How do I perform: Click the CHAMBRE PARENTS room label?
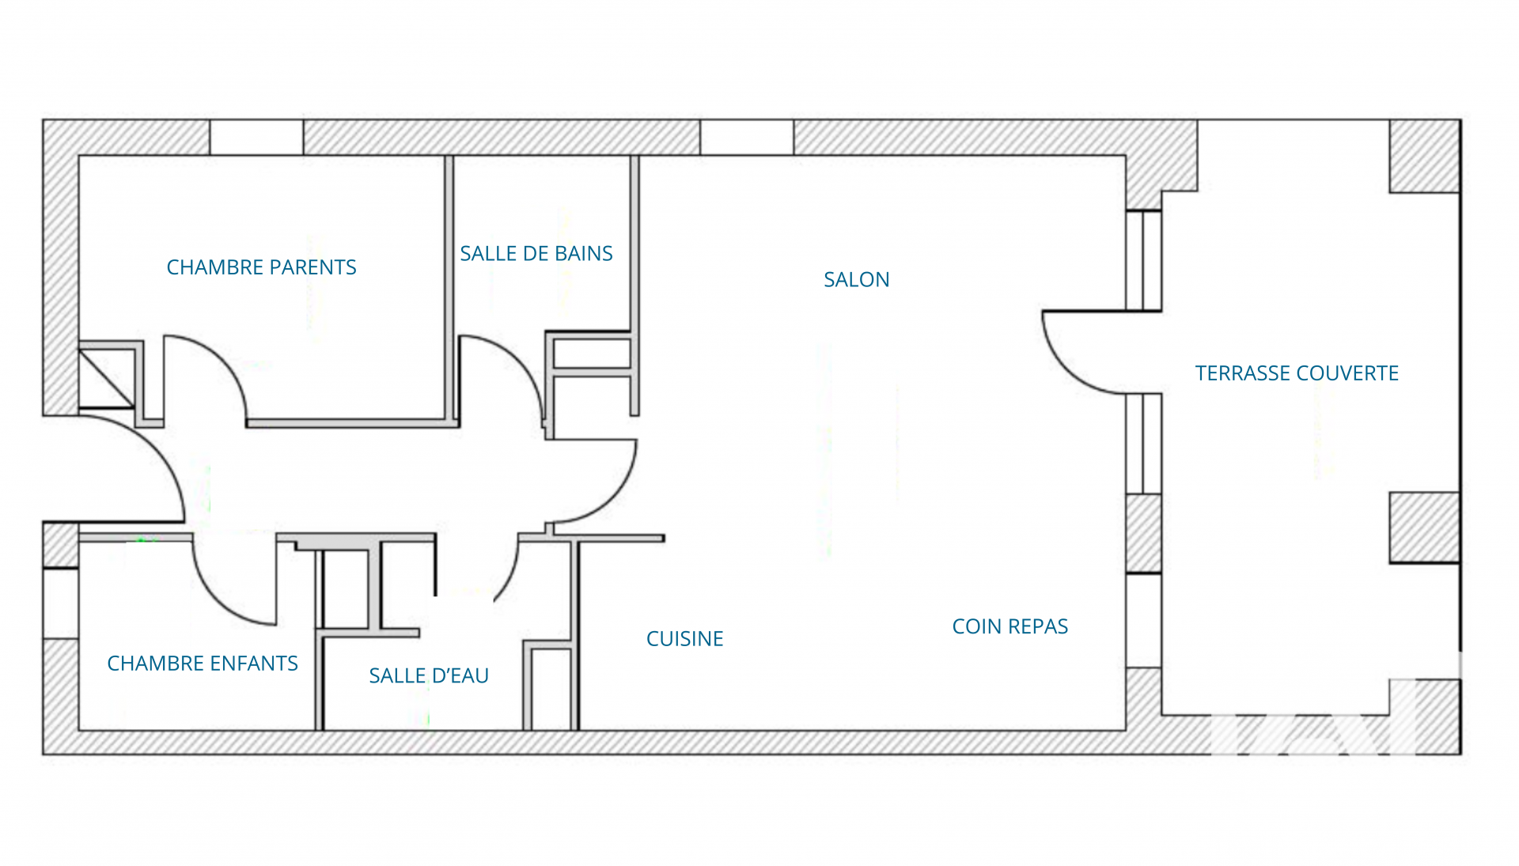click(x=261, y=267)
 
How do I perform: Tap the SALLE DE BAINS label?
click(x=536, y=254)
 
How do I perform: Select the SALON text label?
click(x=856, y=280)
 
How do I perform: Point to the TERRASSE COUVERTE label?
click(x=1297, y=373)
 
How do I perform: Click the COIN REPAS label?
click(x=1010, y=626)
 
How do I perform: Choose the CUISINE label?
click(x=684, y=639)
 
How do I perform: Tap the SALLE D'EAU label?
click(x=429, y=675)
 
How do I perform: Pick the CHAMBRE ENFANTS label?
click(x=203, y=664)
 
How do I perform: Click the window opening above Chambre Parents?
click(x=256, y=138)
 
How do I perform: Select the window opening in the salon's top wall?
click(x=747, y=138)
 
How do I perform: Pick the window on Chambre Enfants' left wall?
click(x=60, y=603)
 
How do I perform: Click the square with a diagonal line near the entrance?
click(x=106, y=379)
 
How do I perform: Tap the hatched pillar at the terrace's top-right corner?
click(x=1425, y=156)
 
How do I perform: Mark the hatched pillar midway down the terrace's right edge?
click(x=1425, y=528)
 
